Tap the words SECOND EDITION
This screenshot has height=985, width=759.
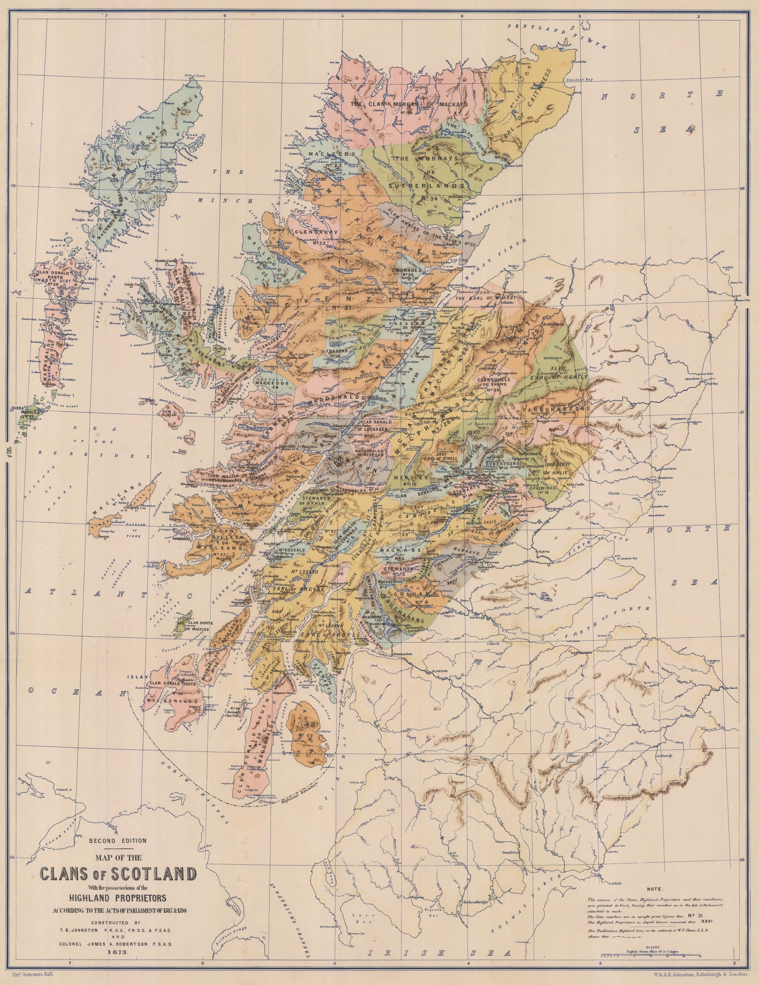tap(118, 840)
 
